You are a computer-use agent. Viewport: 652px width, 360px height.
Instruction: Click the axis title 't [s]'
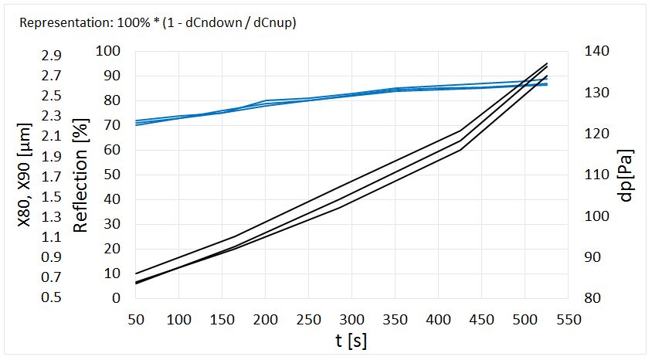coord(351,340)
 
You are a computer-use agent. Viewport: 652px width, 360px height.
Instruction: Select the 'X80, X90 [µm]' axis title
coord(25,175)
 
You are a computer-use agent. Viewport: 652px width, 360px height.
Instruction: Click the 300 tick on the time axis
coord(351,319)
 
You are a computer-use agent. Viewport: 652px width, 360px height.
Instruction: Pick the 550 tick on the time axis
coord(568,319)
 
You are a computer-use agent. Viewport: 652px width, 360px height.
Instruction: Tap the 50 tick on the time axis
coord(135,319)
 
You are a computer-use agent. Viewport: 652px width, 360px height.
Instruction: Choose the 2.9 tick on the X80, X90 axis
coord(53,56)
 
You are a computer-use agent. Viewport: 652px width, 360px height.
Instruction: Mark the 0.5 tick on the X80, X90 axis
coord(53,298)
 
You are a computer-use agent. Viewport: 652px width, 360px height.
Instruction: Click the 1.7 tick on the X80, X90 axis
coord(53,177)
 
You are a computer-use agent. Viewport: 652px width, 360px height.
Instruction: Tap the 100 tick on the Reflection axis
coord(110,51)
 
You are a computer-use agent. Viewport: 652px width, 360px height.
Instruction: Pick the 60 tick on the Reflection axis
coord(113,150)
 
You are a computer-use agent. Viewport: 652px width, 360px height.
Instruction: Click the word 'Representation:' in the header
coord(58,22)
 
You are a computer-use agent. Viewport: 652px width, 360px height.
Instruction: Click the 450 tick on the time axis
coord(481,319)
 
